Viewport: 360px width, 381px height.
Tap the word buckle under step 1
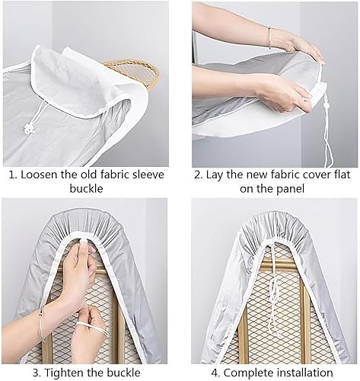[x=86, y=189]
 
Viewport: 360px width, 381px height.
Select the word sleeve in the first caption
[x=147, y=174]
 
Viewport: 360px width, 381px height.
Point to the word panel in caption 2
[x=290, y=189]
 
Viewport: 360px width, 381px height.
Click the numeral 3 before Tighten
[x=36, y=373]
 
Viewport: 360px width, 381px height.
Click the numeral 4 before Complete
[x=215, y=373]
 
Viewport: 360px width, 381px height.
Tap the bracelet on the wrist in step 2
[x=269, y=37]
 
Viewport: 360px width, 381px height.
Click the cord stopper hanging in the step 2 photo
[x=326, y=105]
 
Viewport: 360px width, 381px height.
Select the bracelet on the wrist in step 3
[x=42, y=323]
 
